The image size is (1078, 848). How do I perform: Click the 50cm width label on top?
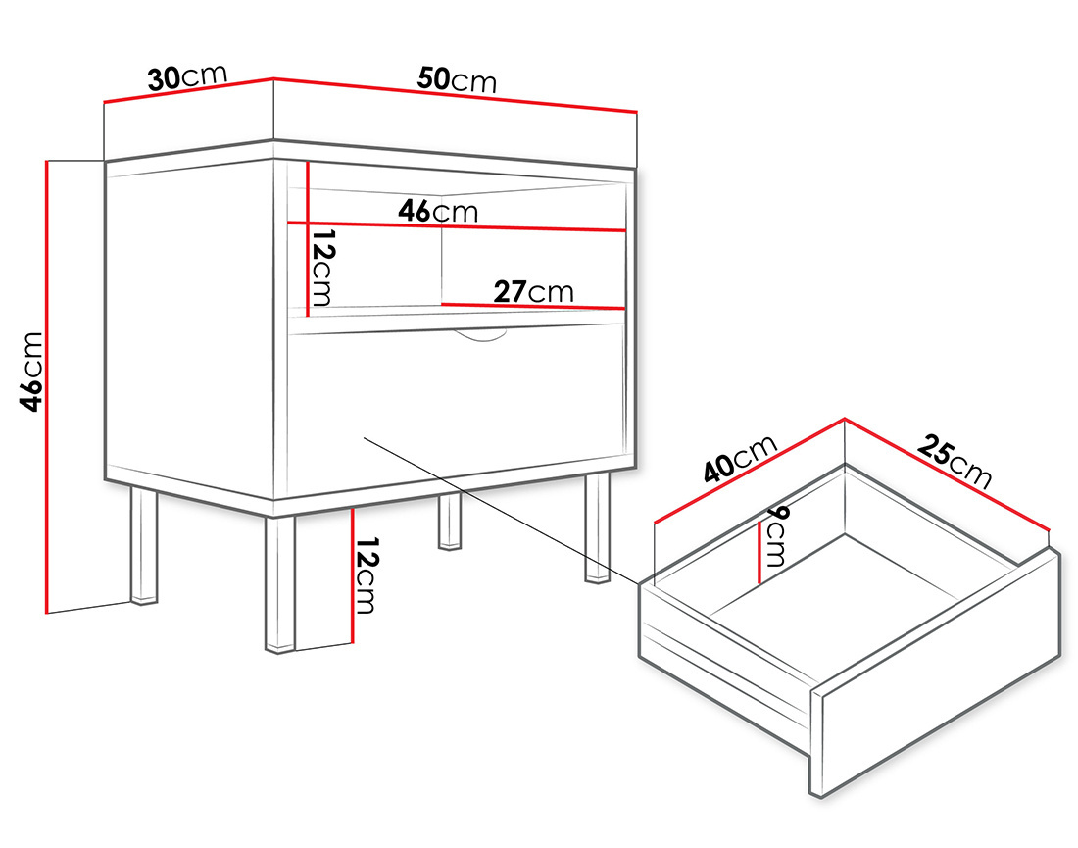(x=457, y=79)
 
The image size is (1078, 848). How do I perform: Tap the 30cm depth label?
(x=187, y=77)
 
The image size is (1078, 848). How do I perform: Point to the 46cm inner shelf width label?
(x=437, y=210)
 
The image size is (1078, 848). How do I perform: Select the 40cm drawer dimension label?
(x=740, y=460)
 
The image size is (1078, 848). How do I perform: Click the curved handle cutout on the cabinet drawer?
(x=481, y=337)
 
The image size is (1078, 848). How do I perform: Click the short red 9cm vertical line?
(x=759, y=552)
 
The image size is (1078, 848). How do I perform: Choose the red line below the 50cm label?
(x=456, y=95)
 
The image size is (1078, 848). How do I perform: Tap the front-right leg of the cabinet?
(x=597, y=529)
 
